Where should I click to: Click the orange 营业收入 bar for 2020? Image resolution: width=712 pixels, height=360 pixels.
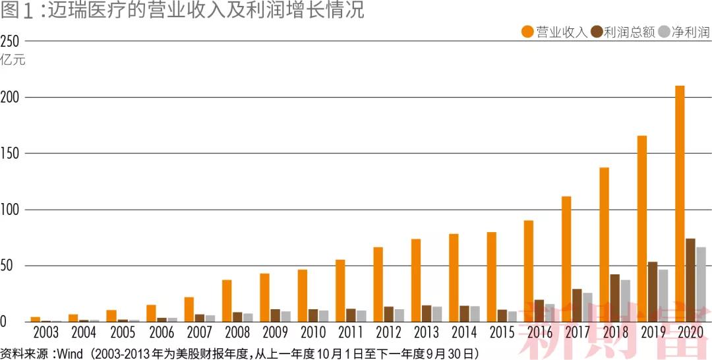[680, 204]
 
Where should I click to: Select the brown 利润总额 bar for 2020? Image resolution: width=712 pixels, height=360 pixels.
[690, 280]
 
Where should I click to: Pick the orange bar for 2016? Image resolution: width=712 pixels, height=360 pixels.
[529, 271]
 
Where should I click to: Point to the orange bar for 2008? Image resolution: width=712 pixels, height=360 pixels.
[227, 301]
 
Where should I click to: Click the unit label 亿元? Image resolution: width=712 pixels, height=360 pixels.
[12, 60]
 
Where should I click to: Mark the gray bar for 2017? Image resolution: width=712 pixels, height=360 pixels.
[587, 307]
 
